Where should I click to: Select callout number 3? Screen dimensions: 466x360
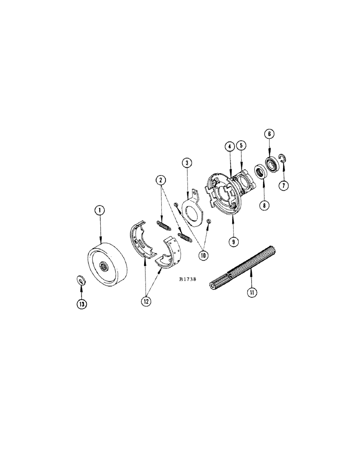(x=187, y=163)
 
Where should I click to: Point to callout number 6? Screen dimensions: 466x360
(x=270, y=134)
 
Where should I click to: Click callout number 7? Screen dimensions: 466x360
(x=284, y=185)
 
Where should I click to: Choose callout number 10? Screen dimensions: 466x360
(x=204, y=255)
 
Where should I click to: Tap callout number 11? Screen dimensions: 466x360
(x=252, y=293)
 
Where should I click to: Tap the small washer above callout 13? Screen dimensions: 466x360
(x=80, y=280)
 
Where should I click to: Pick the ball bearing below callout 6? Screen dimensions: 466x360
(x=271, y=165)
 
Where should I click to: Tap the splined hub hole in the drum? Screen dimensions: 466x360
(x=104, y=267)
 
